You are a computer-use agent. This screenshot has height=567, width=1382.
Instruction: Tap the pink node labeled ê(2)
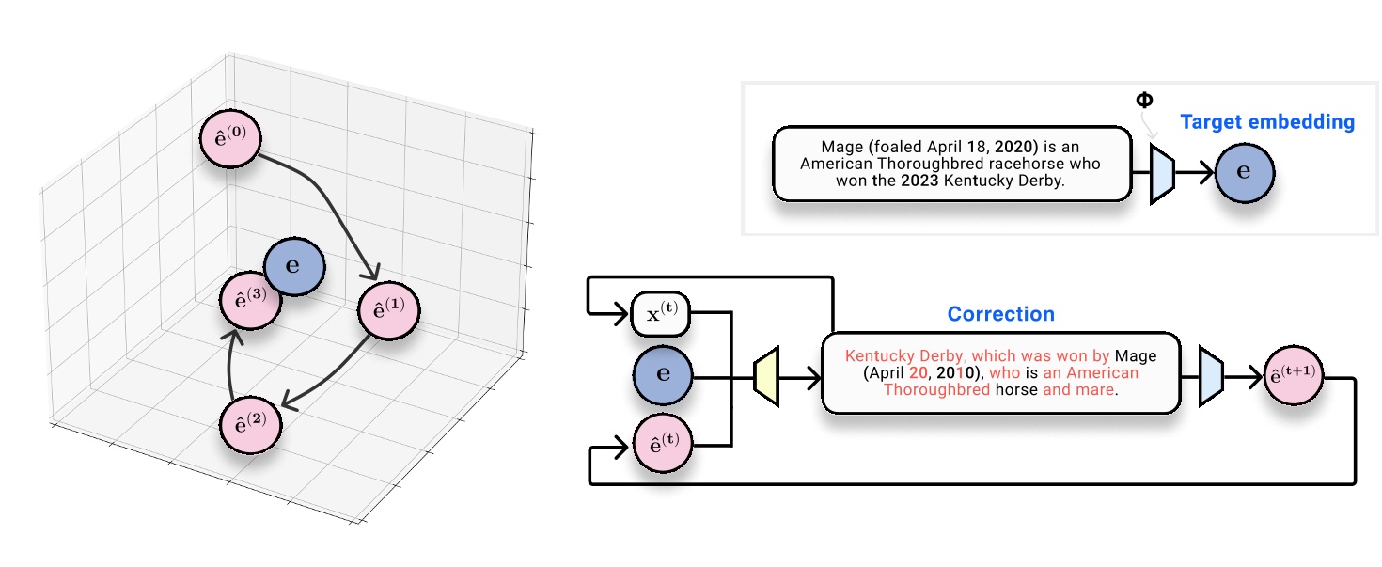click(x=249, y=423)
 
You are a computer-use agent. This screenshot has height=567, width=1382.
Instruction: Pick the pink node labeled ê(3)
click(x=250, y=300)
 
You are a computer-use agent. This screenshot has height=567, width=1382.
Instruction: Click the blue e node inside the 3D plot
click(x=294, y=266)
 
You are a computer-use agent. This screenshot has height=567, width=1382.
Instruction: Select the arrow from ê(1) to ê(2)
click(x=334, y=376)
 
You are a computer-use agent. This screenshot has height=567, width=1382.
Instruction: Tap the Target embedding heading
click(x=1266, y=122)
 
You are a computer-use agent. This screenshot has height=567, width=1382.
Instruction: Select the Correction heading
click(x=1000, y=315)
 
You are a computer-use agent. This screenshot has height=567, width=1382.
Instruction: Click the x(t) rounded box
click(x=661, y=313)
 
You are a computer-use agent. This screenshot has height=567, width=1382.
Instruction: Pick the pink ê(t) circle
click(x=663, y=442)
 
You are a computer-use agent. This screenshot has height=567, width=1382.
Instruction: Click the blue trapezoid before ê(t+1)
click(x=1211, y=377)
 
